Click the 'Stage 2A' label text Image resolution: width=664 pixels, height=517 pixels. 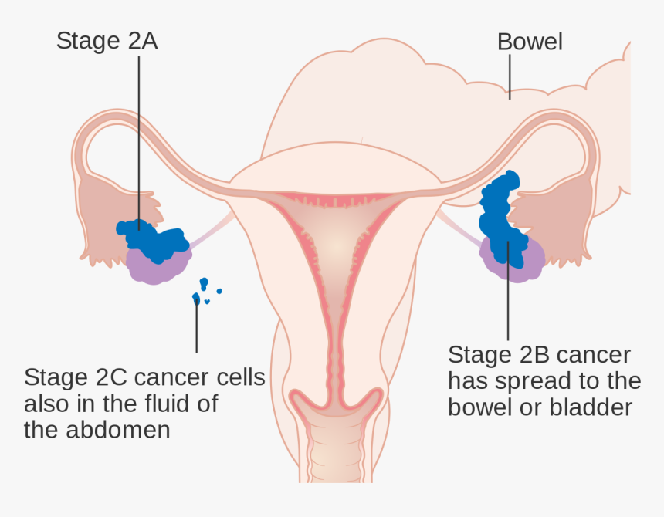pyautogui.click(x=107, y=41)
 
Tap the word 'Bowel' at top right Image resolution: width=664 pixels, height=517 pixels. pyautogui.click(x=530, y=41)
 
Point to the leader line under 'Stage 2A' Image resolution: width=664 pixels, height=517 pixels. pyautogui.click(x=139, y=139)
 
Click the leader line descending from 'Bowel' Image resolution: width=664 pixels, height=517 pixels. pyautogui.click(x=509, y=77)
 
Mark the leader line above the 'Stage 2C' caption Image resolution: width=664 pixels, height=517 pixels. pyautogui.click(x=196, y=328)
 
